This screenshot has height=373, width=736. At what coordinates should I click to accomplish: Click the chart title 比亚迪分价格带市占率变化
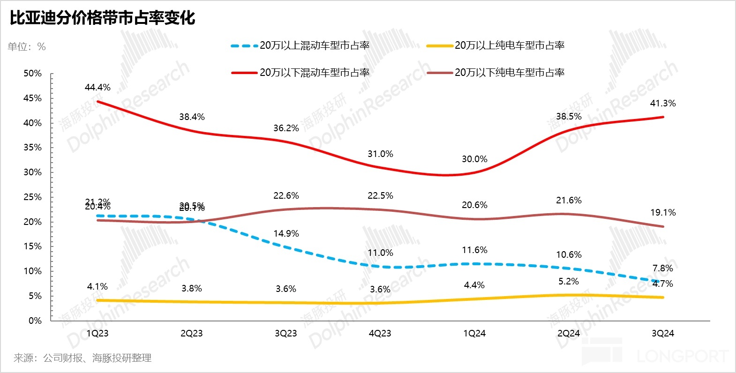pyautogui.click(x=102, y=18)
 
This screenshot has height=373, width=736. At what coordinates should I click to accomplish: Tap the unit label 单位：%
pyautogui.click(x=27, y=46)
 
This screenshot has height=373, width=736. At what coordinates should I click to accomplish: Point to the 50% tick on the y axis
pyautogui.click(x=32, y=74)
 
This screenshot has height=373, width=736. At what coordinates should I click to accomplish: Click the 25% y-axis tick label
pyautogui.click(x=32, y=197)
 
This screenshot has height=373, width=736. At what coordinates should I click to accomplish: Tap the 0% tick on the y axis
pyautogui.click(x=35, y=321)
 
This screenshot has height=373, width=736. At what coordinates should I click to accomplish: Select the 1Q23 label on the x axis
pyautogui.click(x=98, y=334)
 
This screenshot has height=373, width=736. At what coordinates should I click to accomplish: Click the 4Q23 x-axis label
pyautogui.click(x=380, y=334)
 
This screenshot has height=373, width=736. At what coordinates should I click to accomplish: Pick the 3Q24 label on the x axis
pyautogui.click(x=663, y=334)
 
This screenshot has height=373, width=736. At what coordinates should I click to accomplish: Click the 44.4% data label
pyautogui.click(x=98, y=88)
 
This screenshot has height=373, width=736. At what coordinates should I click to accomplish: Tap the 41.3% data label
pyautogui.click(x=663, y=104)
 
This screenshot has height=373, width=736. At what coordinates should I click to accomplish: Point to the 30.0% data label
pyautogui.click(x=474, y=159)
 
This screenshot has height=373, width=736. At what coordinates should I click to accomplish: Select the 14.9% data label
pyautogui.click(x=286, y=234)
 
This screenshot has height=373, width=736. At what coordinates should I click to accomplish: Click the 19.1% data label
pyautogui.click(x=663, y=213)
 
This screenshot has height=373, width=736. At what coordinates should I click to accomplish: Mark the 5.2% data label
pyautogui.click(x=569, y=282)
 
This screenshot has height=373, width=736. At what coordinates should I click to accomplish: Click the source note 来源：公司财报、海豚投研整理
pyautogui.click(x=83, y=358)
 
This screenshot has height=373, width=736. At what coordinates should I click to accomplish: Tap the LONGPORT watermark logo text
pyautogui.click(x=682, y=356)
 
